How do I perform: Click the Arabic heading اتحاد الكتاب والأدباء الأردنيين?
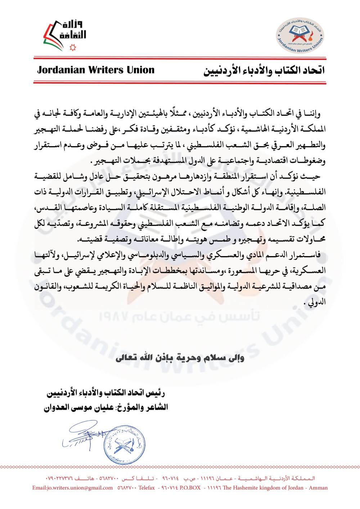264,70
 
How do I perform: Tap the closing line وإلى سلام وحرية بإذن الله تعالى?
180,358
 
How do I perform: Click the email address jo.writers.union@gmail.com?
72,488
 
